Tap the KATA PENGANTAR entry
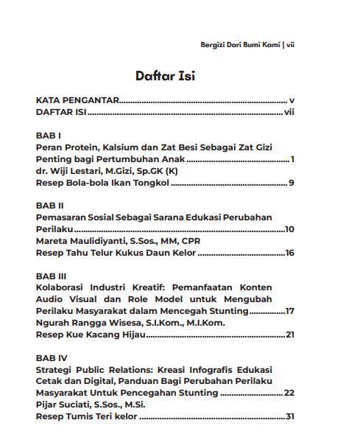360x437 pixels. coord(77,100)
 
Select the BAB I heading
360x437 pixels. coord(48,136)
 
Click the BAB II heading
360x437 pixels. coord(49,206)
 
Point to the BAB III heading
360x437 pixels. coord(51,276)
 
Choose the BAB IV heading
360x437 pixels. coord(51,357)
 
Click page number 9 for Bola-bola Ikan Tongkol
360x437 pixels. coord(292,183)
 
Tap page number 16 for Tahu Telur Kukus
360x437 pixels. coord(289,253)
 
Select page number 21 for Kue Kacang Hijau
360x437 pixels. coord(289,335)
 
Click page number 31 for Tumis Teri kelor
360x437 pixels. coord(290,416)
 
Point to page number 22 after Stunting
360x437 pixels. coord(289,393)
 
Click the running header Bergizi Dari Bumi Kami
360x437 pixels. coord(240,44)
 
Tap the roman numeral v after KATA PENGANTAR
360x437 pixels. coord(292,100)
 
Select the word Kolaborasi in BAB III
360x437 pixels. coord(61,287)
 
